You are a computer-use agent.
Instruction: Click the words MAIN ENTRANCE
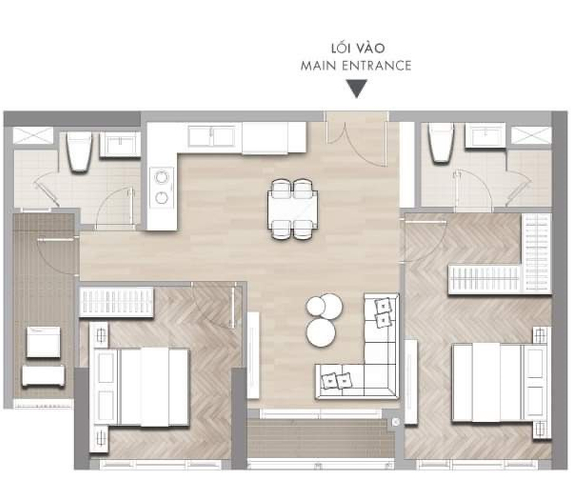[x=356, y=66]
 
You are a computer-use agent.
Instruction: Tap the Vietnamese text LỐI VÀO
[x=358, y=48]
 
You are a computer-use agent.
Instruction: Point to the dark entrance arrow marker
[x=357, y=89]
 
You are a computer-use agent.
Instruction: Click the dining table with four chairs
[x=292, y=209]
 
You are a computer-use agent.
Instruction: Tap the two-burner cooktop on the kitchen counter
[x=161, y=187]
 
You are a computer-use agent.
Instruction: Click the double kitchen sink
[x=211, y=136]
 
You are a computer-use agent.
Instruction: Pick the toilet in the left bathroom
[x=79, y=151]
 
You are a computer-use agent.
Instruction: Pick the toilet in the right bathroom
[x=441, y=142]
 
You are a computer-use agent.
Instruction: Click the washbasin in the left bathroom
[x=120, y=144]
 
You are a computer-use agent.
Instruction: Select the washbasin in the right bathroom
[x=485, y=135]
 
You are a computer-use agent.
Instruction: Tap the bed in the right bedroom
[x=499, y=382]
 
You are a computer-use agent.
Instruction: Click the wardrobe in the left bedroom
[x=117, y=302]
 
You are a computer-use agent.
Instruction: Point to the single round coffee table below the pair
[x=320, y=332]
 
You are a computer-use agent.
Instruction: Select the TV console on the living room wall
[x=253, y=355]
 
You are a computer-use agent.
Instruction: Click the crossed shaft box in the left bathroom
[x=33, y=135]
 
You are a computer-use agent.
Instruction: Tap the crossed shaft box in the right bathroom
[x=531, y=135]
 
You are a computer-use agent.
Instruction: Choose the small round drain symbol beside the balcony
[x=396, y=422]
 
